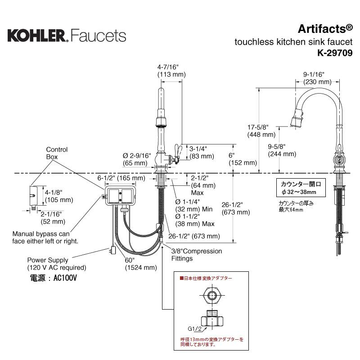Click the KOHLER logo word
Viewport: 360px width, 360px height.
(36, 35)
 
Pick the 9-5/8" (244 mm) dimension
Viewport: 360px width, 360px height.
(282, 150)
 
